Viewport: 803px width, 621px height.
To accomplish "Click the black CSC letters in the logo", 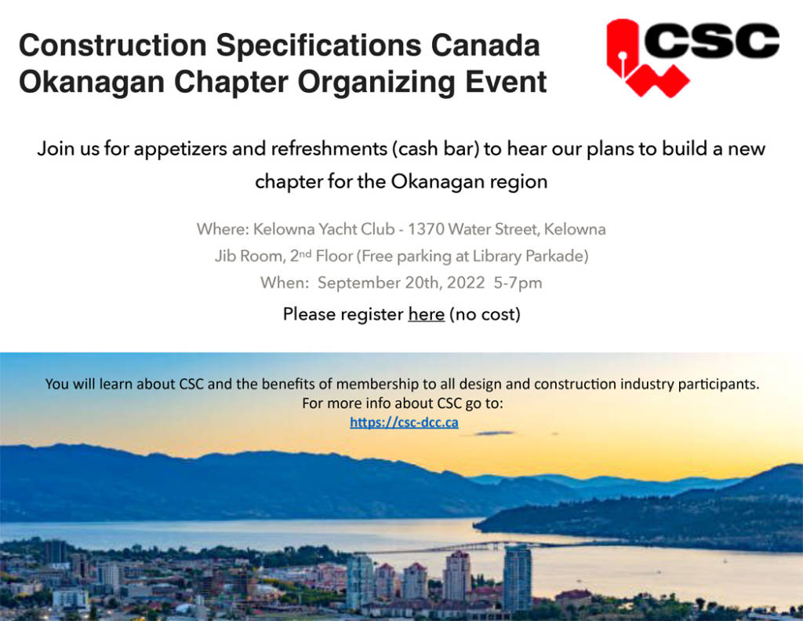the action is click(x=712, y=41).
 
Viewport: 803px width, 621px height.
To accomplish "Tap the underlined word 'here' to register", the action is click(x=426, y=314).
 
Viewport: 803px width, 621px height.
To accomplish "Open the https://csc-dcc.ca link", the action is click(x=404, y=422).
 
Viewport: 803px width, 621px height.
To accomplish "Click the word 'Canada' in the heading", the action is click(x=485, y=45).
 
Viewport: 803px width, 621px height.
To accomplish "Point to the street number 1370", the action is click(x=426, y=228).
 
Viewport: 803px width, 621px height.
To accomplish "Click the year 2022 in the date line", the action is click(x=466, y=283).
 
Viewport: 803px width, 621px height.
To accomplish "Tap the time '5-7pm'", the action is click(x=518, y=283).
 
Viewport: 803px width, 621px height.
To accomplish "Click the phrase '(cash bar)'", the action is click(x=436, y=148).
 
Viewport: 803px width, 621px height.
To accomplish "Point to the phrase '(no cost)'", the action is click(x=485, y=314).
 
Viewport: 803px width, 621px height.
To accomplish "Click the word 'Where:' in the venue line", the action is click(x=223, y=228).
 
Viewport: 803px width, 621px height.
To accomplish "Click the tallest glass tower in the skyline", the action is click(x=518, y=578).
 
